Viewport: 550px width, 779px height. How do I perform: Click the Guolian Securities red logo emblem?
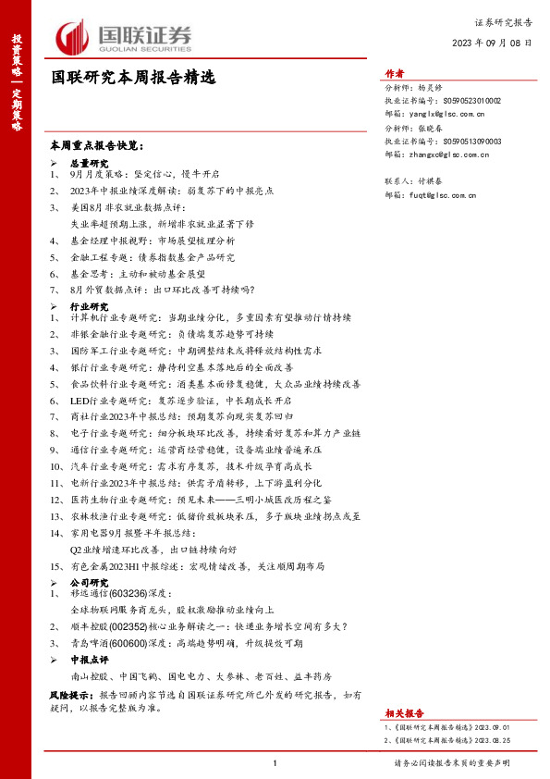click(73, 38)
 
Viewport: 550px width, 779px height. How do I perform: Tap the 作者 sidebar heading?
click(394, 75)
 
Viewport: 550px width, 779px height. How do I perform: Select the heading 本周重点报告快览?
click(97, 146)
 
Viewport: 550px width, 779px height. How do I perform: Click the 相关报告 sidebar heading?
click(404, 713)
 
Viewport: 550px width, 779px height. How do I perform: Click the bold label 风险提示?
click(71, 693)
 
